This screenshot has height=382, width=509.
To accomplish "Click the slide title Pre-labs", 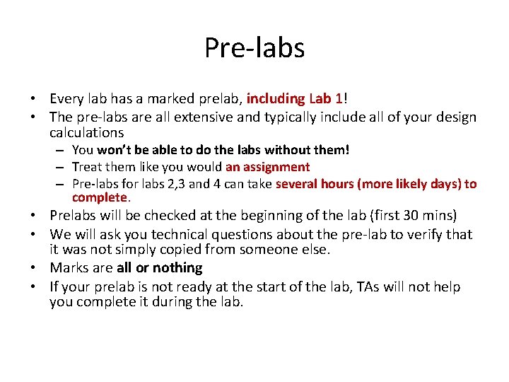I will [255, 48].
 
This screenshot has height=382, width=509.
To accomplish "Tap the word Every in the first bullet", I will [67, 99].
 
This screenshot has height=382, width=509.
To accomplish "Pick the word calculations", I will [86, 132].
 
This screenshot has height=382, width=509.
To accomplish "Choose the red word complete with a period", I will [100, 197].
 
